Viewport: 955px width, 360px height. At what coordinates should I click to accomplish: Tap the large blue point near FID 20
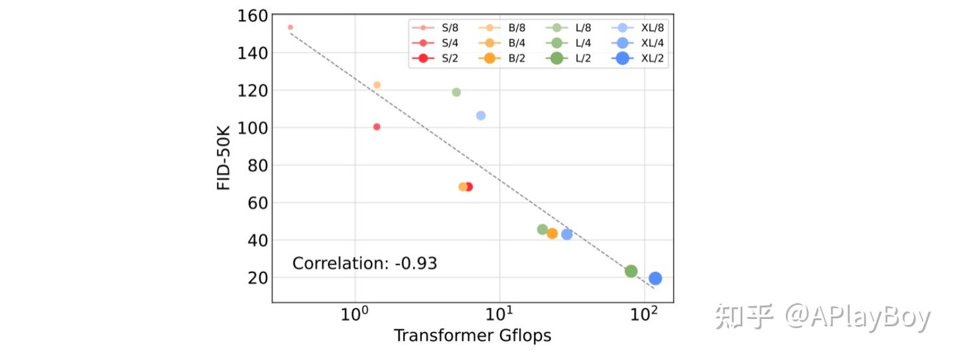(655, 278)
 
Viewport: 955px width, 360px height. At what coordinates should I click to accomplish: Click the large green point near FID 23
(631, 271)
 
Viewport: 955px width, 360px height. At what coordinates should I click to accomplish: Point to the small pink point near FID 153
(290, 27)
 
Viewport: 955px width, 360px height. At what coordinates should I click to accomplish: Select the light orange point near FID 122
(377, 85)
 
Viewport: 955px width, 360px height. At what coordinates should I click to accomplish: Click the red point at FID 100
(377, 127)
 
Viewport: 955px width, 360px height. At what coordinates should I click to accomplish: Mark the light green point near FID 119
(456, 92)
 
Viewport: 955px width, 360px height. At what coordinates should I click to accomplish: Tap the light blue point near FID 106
(481, 115)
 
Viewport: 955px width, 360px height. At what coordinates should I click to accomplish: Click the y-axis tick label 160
(252, 15)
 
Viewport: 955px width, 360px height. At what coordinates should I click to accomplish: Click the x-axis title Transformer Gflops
(472, 336)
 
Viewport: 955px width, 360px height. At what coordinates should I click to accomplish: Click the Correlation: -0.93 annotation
(365, 263)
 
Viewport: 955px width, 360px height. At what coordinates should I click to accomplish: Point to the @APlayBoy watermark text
(858, 318)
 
